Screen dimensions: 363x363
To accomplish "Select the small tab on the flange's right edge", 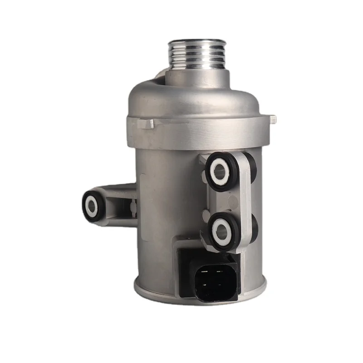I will coord(273,119).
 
